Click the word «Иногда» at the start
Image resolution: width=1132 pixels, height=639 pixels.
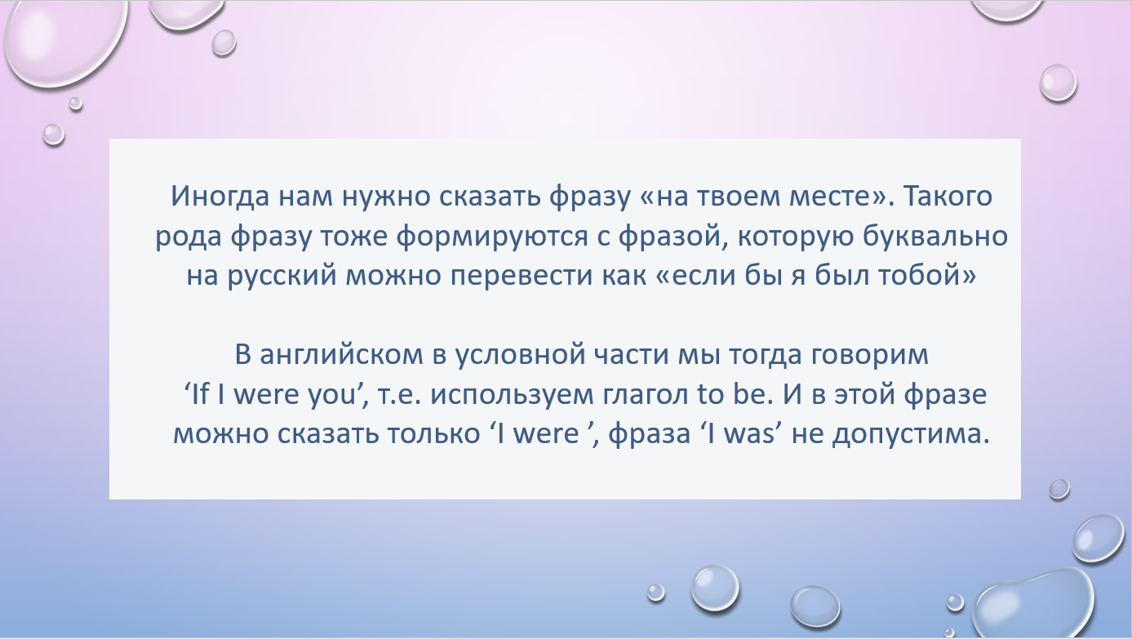coord(220,197)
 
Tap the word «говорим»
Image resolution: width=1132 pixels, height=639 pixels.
coord(870,356)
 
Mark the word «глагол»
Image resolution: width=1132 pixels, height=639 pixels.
coord(646,393)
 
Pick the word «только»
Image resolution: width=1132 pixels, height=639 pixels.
coord(433,434)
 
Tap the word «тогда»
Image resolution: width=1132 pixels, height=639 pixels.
coord(765,355)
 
